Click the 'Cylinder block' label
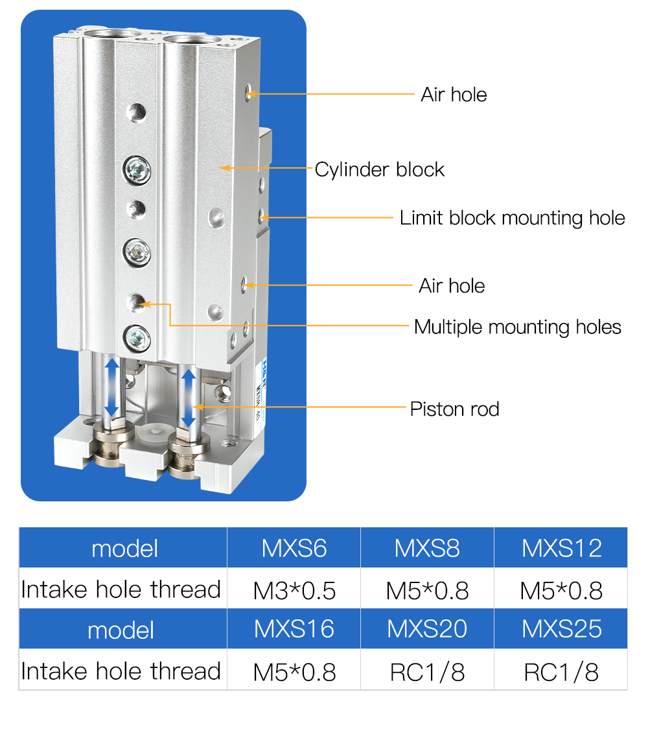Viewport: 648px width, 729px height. tap(380, 170)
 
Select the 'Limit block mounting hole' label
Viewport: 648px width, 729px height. tap(512, 218)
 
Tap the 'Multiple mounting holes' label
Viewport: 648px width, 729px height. tap(517, 327)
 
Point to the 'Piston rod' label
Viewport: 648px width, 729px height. tap(454, 409)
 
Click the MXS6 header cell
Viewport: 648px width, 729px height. tap(294, 548)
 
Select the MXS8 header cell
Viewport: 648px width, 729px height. tap(427, 548)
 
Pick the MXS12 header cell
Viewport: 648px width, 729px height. tap(561, 548)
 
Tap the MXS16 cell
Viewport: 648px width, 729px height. tap(294, 628)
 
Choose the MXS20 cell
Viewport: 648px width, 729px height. tap(427, 628)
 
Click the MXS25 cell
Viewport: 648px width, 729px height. tap(561, 628)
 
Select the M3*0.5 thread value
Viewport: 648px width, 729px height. tap(294, 590)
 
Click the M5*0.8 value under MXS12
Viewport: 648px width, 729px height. tap(561, 590)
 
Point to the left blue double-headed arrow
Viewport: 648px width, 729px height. tap(112, 387)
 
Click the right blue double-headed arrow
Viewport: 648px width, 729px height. tap(189, 397)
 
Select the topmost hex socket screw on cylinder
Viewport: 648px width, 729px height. tap(137, 171)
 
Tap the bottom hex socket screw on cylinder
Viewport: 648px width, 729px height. tap(137, 335)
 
